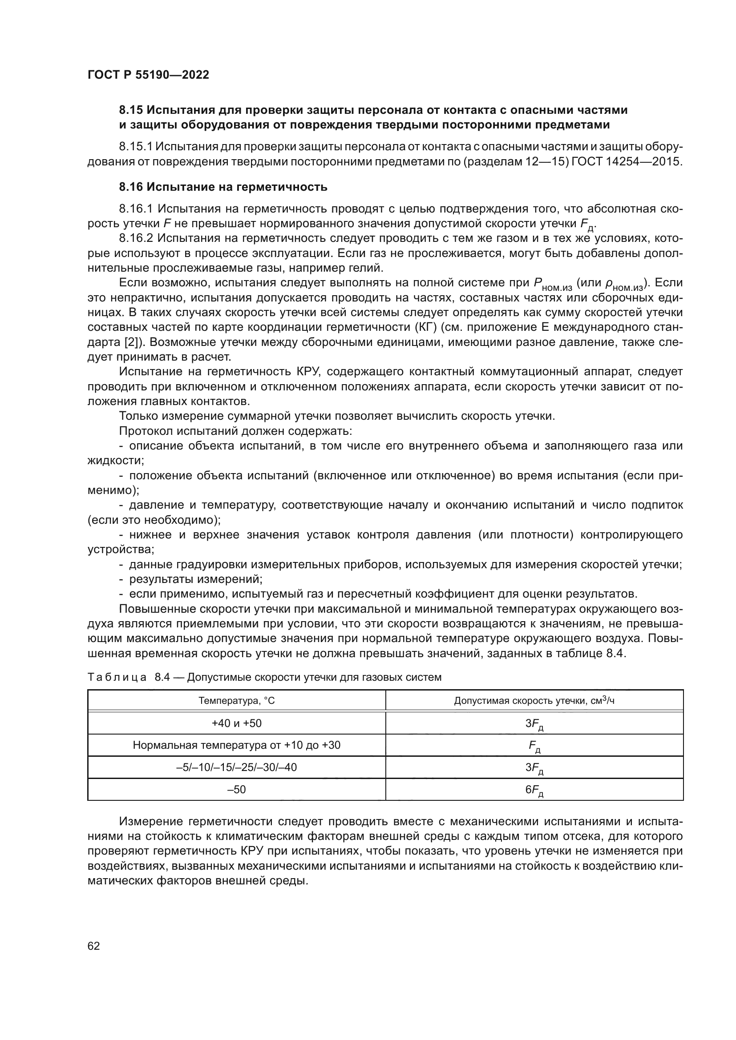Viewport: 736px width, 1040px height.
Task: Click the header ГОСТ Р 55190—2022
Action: pyautogui.click(x=148, y=75)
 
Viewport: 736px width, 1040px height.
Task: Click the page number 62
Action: pyautogui.click(x=94, y=946)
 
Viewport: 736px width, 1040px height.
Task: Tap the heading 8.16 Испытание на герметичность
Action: pyautogui.click(x=223, y=187)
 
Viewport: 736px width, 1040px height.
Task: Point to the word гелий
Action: pyautogui.click(x=368, y=268)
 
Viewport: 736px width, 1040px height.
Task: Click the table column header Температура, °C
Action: pyautogui.click(x=237, y=701)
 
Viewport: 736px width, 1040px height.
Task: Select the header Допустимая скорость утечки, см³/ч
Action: pyautogui.click(x=534, y=701)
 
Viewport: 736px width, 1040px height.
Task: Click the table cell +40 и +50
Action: pyautogui.click(x=237, y=723)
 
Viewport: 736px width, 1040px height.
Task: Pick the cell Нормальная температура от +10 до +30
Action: pyautogui.click(x=237, y=745)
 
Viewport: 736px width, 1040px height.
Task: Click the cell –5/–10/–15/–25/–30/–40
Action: pyautogui.click(x=237, y=767)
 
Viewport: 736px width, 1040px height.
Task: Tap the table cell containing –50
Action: pyautogui.click(x=237, y=790)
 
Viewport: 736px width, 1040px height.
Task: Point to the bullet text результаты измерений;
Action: pyautogui.click(x=196, y=579)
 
